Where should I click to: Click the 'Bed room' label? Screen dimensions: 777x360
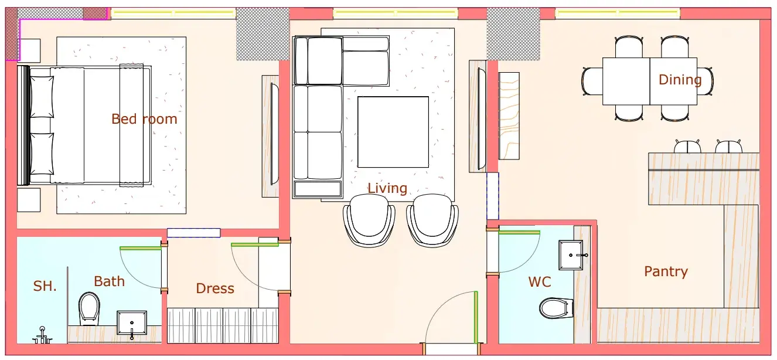(x=144, y=119)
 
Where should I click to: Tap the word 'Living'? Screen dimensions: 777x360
(x=387, y=188)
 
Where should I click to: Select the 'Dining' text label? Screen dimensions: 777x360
(x=680, y=80)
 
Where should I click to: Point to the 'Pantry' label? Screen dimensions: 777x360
(x=666, y=271)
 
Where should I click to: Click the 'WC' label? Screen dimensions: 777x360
(x=540, y=282)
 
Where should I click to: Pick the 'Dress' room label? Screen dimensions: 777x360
(x=215, y=288)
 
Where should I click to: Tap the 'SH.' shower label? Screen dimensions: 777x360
(x=45, y=286)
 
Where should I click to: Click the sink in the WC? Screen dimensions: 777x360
(x=571, y=255)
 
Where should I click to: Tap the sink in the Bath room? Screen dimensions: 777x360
(x=132, y=323)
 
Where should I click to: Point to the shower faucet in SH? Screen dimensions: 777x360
(x=42, y=335)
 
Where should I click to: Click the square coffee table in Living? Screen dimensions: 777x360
(x=393, y=132)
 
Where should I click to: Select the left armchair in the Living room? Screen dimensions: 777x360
(x=369, y=221)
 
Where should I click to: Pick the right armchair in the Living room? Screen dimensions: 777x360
(x=432, y=221)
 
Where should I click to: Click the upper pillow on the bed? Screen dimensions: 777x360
(x=42, y=97)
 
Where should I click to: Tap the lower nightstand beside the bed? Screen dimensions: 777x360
(x=29, y=200)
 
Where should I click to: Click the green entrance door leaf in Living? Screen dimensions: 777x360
(x=476, y=317)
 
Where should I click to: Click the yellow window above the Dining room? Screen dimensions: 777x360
(x=618, y=13)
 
